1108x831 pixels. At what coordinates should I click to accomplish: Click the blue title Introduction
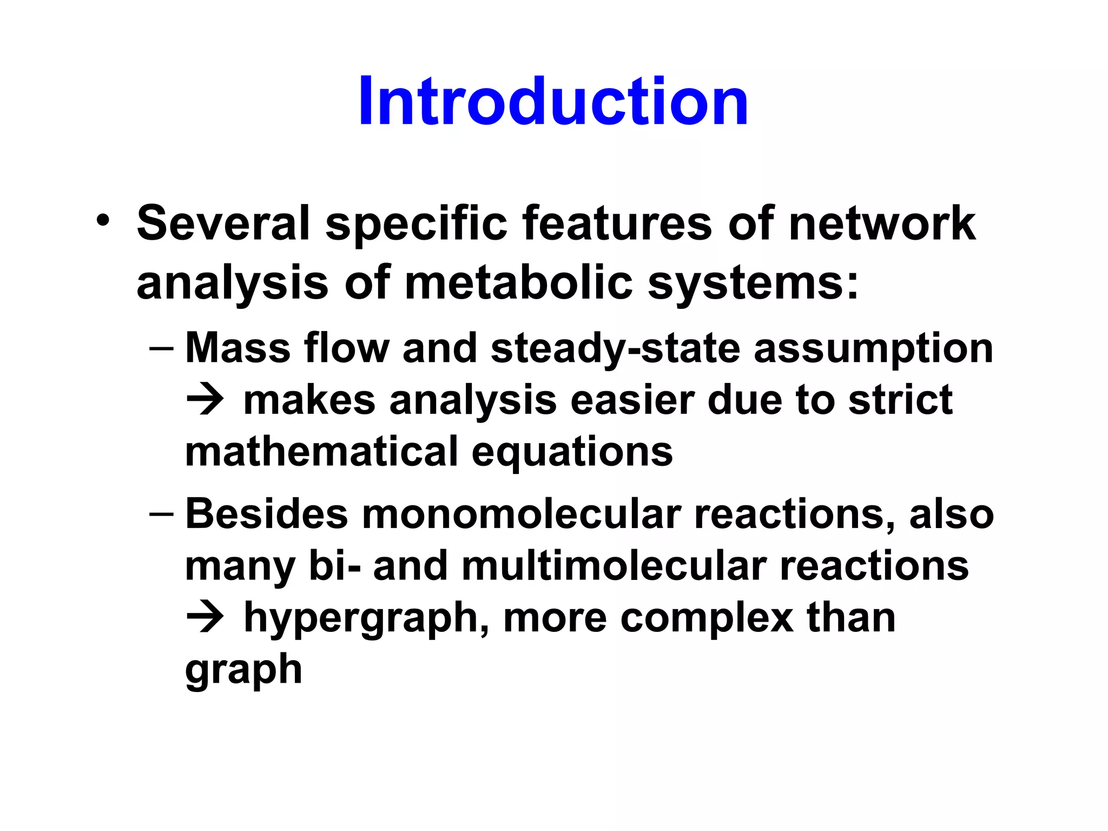tap(553, 102)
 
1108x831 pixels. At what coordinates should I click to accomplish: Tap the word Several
tap(223, 223)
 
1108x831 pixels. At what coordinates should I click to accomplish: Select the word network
tap(882, 223)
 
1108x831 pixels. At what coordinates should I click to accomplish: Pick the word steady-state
tap(615, 349)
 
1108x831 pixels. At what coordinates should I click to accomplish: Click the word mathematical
tap(321, 451)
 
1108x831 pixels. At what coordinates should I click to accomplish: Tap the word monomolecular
tap(521, 514)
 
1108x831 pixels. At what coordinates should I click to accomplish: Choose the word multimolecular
tap(614, 566)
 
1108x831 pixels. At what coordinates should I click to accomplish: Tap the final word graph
tap(243, 671)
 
